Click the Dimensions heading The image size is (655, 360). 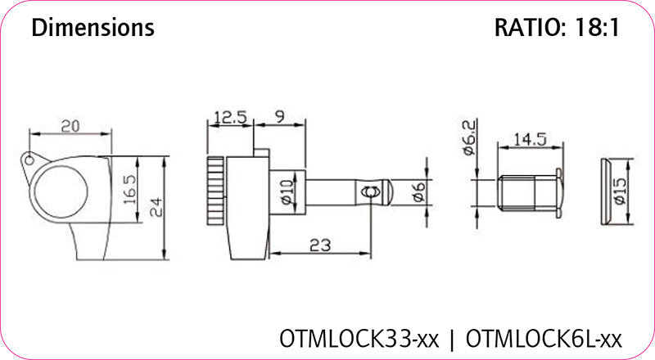tap(93, 28)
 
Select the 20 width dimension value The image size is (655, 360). tap(70, 125)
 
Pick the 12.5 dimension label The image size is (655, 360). tap(230, 118)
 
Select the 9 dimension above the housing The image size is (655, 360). tap(279, 118)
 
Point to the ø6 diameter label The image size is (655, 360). tap(418, 193)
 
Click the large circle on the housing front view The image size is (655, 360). tap(61, 187)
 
